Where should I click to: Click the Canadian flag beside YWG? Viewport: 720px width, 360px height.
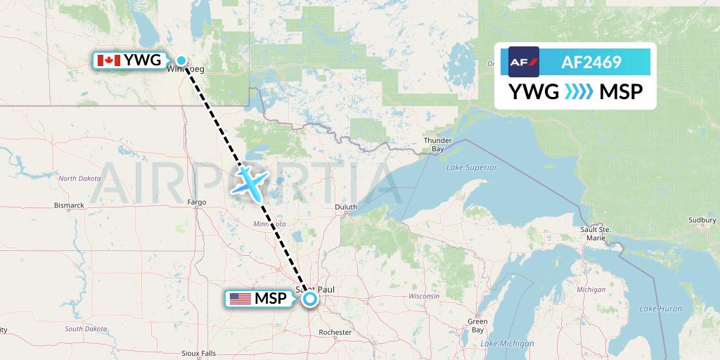click(108, 60)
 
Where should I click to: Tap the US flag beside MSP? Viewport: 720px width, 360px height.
click(240, 299)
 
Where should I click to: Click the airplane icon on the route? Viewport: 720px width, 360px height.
click(250, 181)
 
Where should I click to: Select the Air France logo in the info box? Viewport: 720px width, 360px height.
click(523, 62)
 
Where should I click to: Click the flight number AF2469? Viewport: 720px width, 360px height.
click(591, 63)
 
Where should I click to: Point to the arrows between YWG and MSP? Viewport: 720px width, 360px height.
click(579, 91)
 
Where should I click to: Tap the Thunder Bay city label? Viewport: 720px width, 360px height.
click(437, 145)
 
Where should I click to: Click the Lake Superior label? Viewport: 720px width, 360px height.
click(471, 167)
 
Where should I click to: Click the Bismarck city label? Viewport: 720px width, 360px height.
click(70, 205)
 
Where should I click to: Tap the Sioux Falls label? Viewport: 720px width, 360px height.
click(198, 353)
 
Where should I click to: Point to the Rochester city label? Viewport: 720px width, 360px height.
click(335, 332)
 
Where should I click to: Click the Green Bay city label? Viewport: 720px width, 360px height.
click(477, 326)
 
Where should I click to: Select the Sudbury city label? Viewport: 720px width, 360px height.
click(702, 220)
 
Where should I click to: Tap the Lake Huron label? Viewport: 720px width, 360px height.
click(661, 309)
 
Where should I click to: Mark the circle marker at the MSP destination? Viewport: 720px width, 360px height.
click(310, 299)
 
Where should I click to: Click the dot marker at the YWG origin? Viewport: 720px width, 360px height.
click(181, 60)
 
